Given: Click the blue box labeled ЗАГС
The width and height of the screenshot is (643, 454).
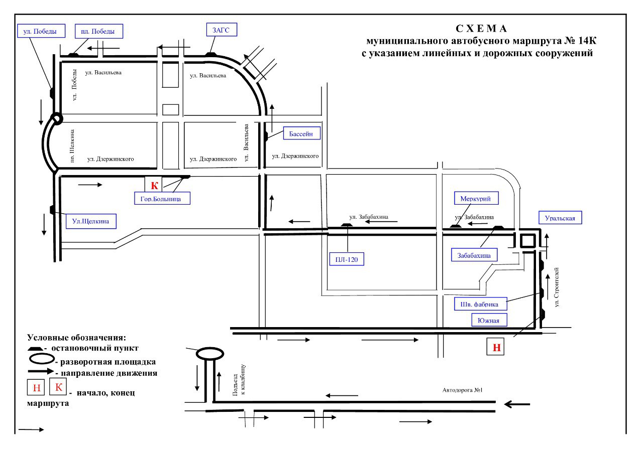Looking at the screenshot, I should [x=221, y=30].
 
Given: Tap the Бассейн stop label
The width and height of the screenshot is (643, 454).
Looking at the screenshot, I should [x=301, y=134].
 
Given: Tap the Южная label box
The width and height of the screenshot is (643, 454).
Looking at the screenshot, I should [x=489, y=320].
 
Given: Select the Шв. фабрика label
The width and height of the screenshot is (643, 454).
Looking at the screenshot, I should [x=480, y=304].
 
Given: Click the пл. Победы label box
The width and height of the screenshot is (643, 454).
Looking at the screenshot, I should [x=98, y=31].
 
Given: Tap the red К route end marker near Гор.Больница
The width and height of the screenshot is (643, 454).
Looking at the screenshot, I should [x=155, y=186].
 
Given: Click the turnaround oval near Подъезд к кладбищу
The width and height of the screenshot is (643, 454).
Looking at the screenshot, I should [x=209, y=354].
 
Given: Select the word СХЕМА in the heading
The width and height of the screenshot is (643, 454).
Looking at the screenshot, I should [x=482, y=28].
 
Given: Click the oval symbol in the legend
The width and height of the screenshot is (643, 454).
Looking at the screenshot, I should [x=41, y=360].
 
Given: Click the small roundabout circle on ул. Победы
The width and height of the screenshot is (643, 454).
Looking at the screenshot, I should [x=56, y=119].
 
